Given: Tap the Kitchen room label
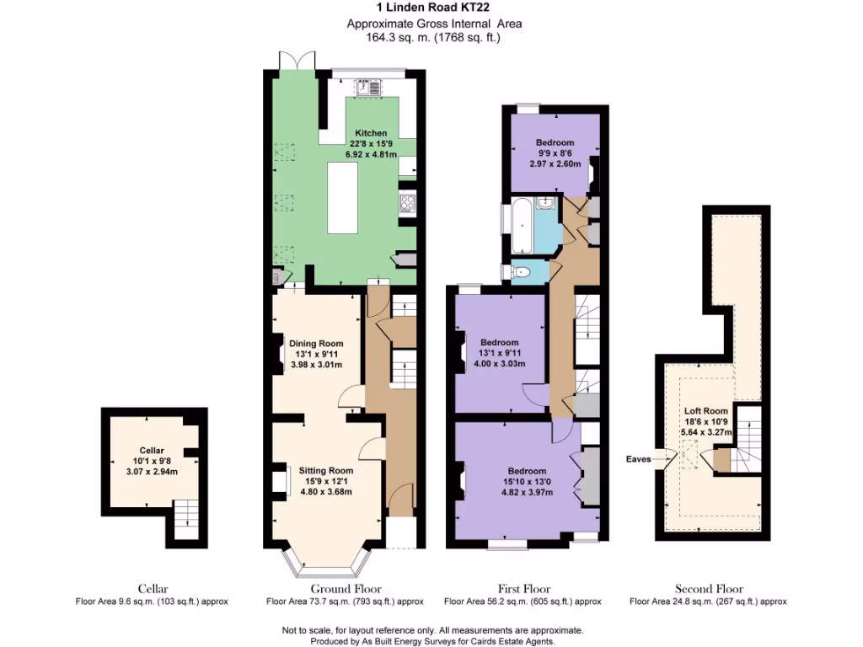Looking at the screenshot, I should coord(371,133).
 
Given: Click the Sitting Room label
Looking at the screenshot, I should coord(326,470).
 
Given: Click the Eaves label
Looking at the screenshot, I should coord(638,459).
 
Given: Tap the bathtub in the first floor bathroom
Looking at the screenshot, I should coord(522,226).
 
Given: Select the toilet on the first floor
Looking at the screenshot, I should coord(523,271).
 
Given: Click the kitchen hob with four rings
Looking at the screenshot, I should coord(406,202).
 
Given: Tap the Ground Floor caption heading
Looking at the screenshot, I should coord(346,589).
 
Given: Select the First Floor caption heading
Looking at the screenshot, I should coord(523,589).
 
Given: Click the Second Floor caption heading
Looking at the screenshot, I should coord(708,589).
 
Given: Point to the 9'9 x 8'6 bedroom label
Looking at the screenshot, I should coord(555,142).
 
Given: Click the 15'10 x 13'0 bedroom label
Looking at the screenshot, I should coord(526,471).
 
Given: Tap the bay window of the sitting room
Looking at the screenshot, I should coord(325,564).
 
